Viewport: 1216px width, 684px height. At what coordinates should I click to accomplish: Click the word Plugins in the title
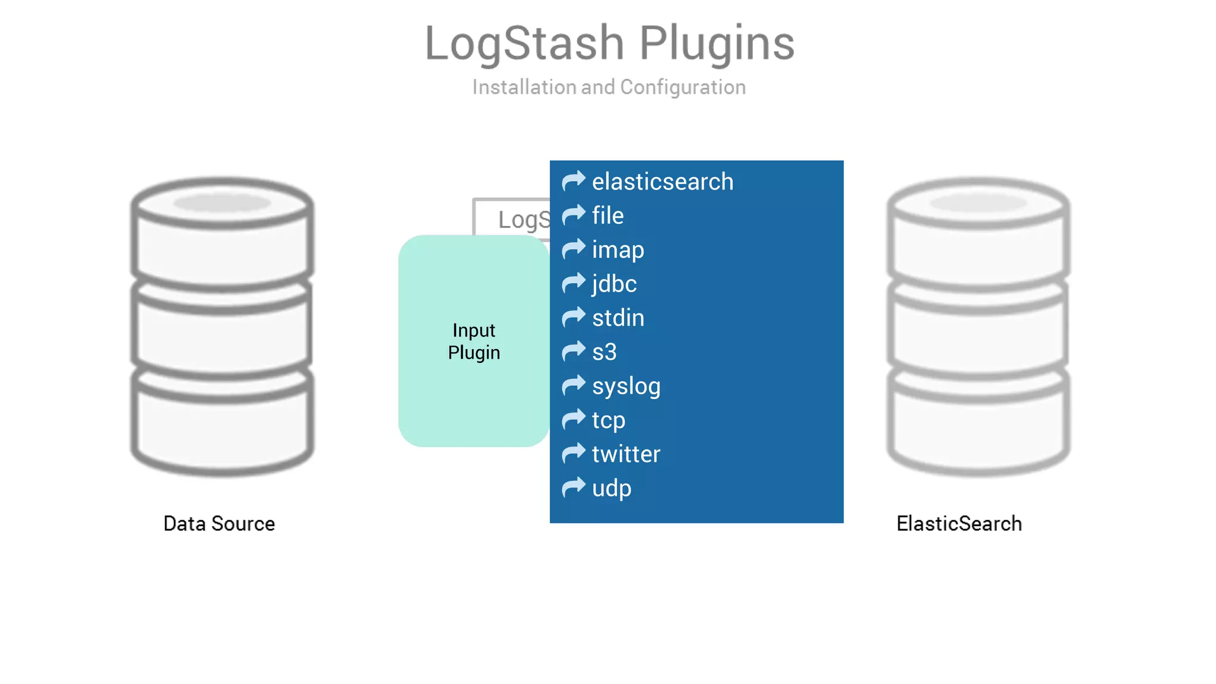point(717,43)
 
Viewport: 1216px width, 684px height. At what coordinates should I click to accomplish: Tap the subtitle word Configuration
point(683,87)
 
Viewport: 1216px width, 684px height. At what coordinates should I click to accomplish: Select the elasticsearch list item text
point(663,182)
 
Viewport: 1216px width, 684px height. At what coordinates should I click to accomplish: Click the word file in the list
point(608,216)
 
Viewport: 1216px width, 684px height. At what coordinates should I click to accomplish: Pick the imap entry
point(618,250)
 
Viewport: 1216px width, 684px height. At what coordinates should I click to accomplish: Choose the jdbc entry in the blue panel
point(615,284)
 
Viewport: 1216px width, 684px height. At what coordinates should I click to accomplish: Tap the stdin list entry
point(618,318)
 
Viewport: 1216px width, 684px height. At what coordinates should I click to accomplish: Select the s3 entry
point(604,352)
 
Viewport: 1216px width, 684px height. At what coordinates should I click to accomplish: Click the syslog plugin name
point(626,387)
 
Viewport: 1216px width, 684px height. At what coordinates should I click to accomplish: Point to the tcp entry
point(609,420)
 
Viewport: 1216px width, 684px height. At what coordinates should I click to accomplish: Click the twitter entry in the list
point(626,454)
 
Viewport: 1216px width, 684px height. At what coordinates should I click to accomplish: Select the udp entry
point(612,488)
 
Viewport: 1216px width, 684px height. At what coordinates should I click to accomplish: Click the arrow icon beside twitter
point(574,454)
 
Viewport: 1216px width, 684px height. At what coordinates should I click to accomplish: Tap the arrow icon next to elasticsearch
point(574,180)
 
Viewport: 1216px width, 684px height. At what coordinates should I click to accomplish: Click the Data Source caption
point(219,524)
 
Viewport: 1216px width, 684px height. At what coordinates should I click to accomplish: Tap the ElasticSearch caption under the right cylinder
point(959,524)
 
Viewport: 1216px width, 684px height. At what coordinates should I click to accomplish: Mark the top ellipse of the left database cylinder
point(222,203)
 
